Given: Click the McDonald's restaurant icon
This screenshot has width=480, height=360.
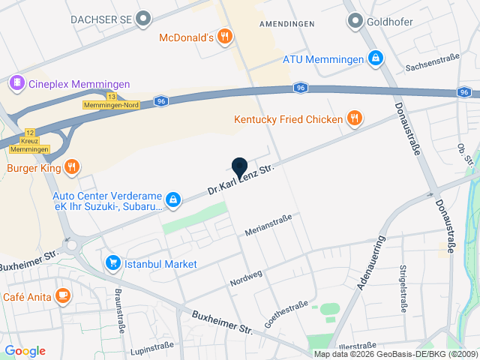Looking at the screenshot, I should [224, 37].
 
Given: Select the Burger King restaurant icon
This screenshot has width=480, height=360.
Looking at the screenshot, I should [71, 167].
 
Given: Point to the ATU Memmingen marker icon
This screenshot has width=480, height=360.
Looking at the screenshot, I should [376, 58].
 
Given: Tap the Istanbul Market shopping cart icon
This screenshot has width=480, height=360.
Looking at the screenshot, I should [113, 263].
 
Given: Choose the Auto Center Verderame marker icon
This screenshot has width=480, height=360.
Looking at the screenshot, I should [173, 199].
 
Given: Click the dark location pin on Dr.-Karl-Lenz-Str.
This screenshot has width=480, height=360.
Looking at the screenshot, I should [239, 168].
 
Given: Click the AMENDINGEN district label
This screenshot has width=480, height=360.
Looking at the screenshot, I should [286, 24].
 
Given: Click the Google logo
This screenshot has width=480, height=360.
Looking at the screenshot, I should [25, 351].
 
